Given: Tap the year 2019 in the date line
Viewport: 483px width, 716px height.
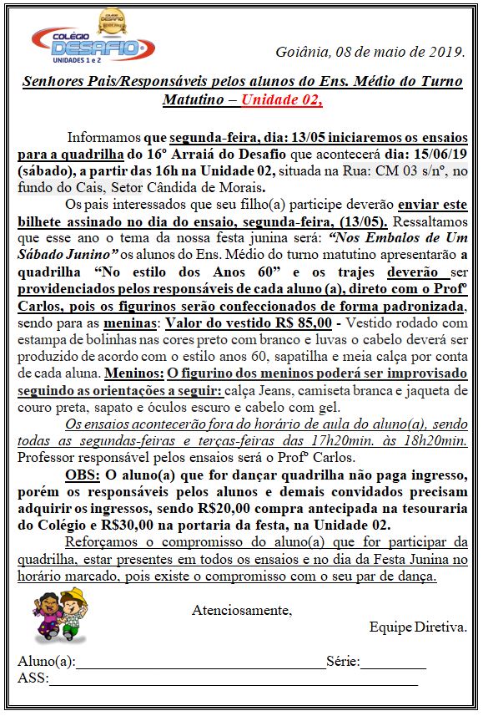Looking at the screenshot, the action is click(x=445, y=52).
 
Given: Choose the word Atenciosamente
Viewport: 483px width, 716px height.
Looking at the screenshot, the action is click(x=242, y=610).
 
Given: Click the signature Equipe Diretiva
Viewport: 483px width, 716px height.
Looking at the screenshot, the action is click(x=418, y=627).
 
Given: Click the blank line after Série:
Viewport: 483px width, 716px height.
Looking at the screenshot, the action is click(x=393, y=666).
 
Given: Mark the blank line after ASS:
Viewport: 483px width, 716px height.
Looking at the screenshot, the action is click(x=234, y=683).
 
